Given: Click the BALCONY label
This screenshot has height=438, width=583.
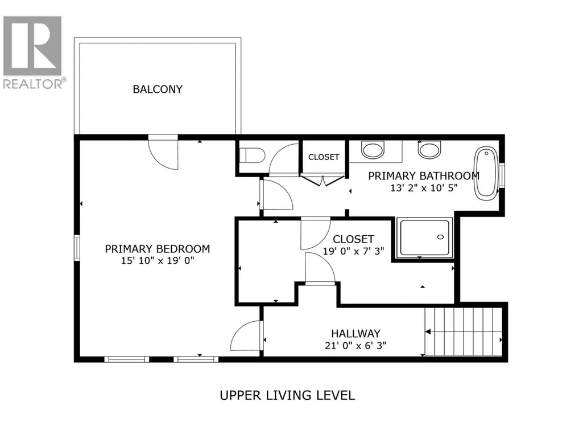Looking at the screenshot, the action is pos(158,89).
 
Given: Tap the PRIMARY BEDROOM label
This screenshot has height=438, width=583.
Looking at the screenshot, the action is pos(158,249).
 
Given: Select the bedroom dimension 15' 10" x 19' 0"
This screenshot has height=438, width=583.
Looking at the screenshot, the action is pos(158,260).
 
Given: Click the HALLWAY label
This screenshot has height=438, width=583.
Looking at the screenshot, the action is pos(356,333).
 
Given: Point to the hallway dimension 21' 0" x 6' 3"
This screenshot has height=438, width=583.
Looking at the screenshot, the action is pos(356,346).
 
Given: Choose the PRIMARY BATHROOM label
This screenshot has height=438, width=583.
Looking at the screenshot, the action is pos(424,176).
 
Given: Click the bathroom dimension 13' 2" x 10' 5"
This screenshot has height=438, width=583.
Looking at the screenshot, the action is pos(424,188).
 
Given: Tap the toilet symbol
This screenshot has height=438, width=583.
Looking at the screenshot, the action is pos(252,155).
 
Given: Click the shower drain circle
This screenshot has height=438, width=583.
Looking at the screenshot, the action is pos(441,237).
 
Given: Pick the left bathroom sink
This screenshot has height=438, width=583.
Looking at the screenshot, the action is pos(373,149).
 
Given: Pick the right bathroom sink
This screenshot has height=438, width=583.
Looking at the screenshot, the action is pos(429,149).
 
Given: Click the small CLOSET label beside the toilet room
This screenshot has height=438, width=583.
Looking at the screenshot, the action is pos(324,157).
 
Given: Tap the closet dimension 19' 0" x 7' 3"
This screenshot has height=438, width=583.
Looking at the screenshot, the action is pos(353,251).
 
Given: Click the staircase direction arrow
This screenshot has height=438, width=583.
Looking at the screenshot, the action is pos(428,331).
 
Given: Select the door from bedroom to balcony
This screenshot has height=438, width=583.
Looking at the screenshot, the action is pos(163,152).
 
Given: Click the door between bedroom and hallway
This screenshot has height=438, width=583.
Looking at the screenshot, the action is pos(247,335).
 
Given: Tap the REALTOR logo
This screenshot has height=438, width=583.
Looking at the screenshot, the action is pos(33,52).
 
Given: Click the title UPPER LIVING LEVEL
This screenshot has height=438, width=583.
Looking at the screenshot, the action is pos(287,395).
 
